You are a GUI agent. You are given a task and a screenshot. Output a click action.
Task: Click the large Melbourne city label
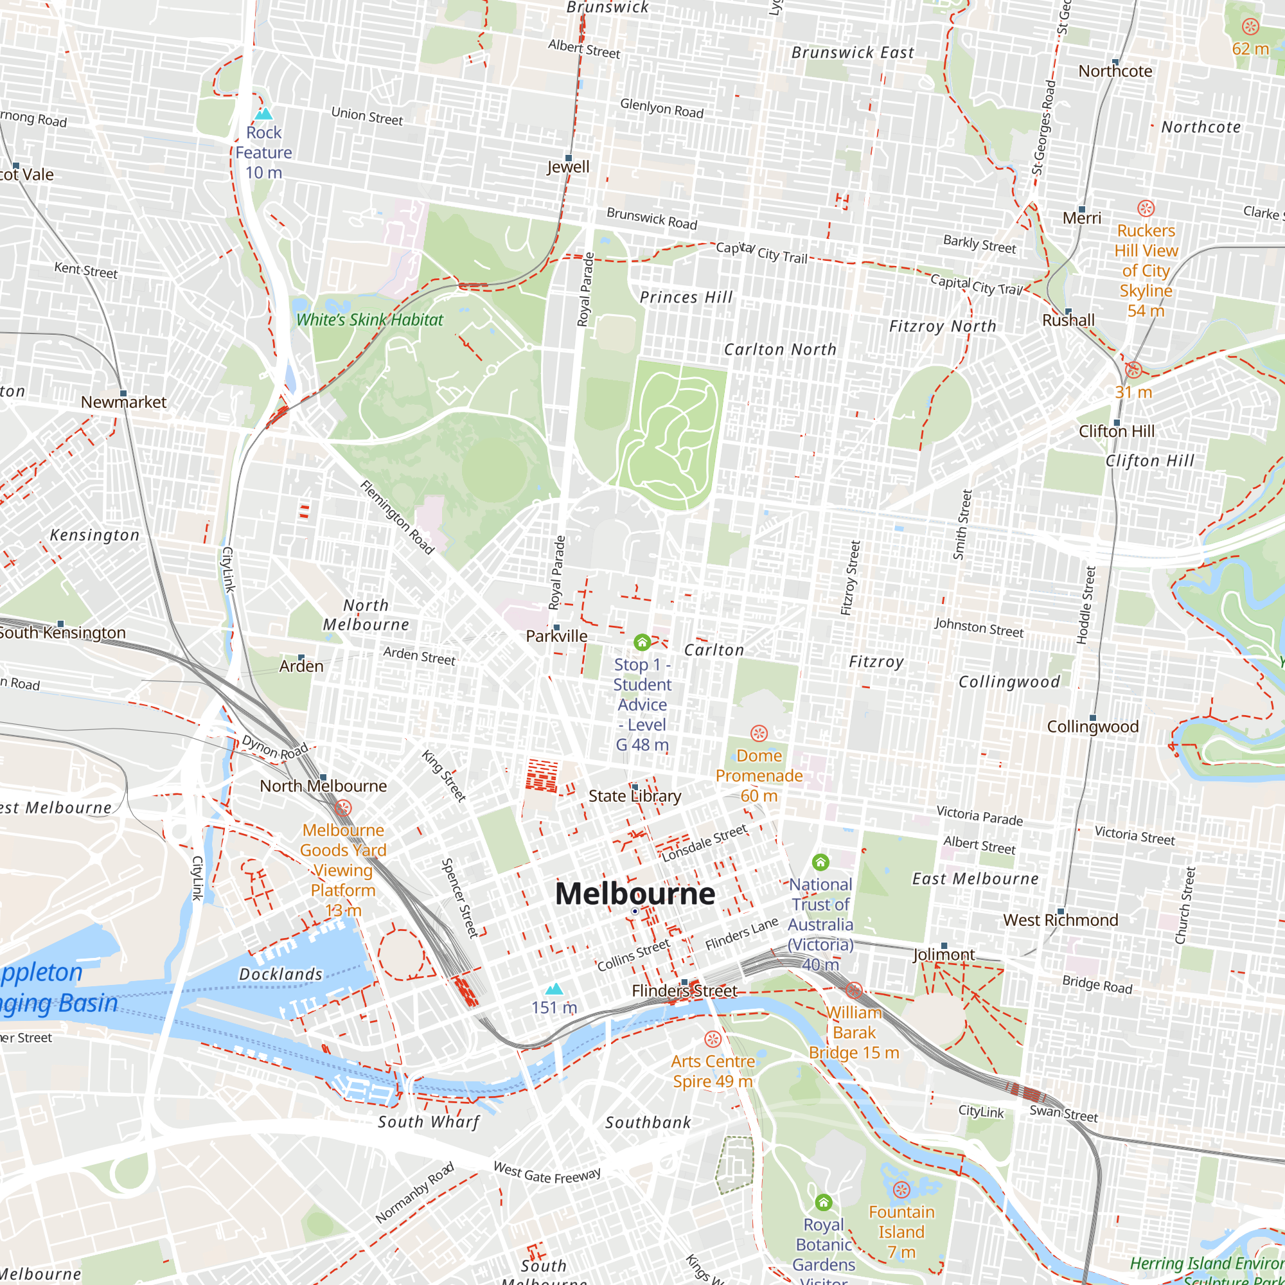coord(635,893)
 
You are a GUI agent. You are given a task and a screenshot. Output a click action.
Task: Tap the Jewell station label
coord(568,167)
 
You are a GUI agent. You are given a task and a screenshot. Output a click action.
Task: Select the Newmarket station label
coord(124,402)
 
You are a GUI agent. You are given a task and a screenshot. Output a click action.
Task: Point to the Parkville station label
coord(556,637)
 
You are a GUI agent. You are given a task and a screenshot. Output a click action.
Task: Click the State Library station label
coord(635,796)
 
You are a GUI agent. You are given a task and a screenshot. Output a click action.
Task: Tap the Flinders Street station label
coord(684,991)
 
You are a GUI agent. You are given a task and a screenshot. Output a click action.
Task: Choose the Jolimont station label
coord(943,955)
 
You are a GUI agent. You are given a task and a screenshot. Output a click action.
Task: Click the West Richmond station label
coord(1060,921)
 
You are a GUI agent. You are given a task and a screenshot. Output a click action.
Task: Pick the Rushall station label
coord(1068,321)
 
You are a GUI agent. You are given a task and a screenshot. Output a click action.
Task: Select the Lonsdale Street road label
coord(704,844)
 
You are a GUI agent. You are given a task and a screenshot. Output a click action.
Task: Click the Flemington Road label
coord(397,517)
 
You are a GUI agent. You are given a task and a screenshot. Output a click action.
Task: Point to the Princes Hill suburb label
coord(686,297)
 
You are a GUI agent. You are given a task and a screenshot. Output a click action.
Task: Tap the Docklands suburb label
coord(281,975)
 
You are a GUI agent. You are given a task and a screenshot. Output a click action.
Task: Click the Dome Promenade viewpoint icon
coord(759,734)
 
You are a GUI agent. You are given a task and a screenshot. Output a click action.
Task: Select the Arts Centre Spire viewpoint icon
coord(713,1040)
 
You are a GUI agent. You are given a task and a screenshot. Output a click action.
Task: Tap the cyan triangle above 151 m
coord(554,989)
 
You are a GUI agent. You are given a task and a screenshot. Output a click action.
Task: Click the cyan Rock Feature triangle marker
coord(264,114)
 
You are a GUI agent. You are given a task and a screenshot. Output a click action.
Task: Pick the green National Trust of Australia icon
coord(820,863)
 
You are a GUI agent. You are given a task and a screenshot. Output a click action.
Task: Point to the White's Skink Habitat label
coord(369,320)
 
